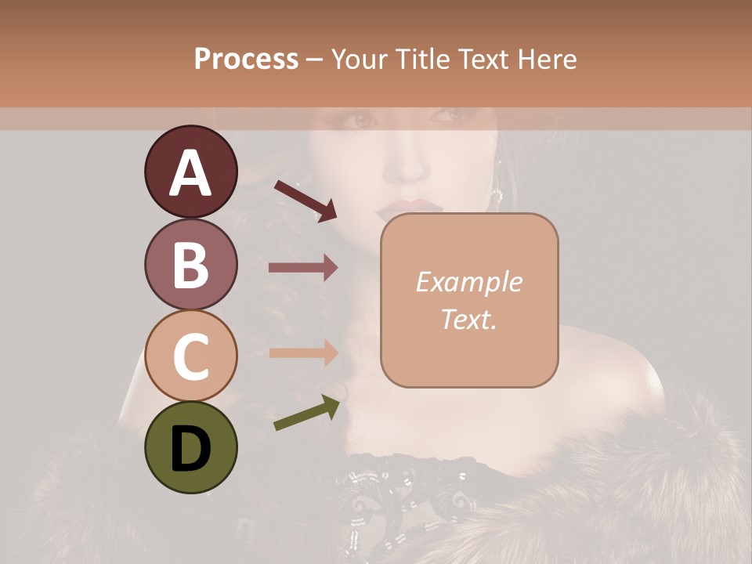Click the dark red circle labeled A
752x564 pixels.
click(190, 172)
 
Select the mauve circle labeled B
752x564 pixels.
click(190, 264)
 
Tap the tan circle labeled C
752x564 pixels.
click(190, 356)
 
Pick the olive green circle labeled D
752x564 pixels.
click(190, 448)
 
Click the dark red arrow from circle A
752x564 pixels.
click(305, 201)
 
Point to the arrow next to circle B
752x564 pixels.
click(303, 268)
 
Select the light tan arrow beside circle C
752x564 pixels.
click(303, 352)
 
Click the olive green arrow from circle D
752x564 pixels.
click(306, 413)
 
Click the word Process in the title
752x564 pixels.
click(246, 60)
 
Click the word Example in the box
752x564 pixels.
click(468, 282)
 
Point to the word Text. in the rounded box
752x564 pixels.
click(468, 319)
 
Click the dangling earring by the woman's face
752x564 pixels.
click(497, 195)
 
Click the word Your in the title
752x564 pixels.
click(360, 60)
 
